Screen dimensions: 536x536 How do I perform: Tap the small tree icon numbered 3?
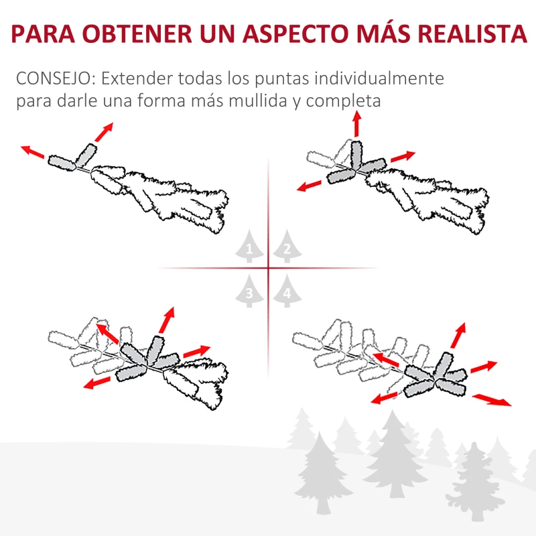250,292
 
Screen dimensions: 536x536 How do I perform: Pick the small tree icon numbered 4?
286,292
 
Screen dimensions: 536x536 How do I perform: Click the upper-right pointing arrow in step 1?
103,131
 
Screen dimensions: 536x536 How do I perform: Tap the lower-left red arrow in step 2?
312,186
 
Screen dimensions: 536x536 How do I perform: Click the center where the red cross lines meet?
268,269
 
